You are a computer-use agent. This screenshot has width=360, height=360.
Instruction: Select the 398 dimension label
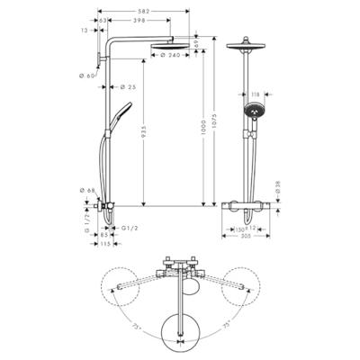(139, 20)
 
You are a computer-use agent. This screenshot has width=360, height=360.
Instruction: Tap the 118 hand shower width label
(256, 93)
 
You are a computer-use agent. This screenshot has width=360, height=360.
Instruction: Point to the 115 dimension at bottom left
(105, 244)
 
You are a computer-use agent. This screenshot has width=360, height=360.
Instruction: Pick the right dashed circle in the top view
(247, 287)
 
